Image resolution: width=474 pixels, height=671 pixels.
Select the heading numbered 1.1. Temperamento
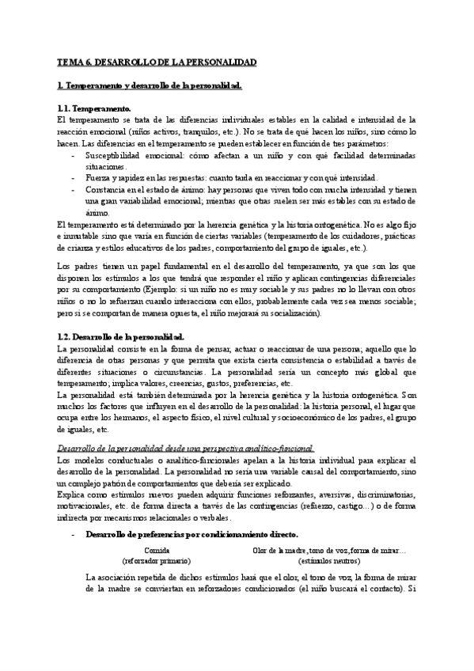[94, 108]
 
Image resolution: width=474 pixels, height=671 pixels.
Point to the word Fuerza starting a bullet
[99, 178]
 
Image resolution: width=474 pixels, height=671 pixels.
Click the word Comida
[157, 550]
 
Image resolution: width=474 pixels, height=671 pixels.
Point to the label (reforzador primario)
[157, 560]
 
